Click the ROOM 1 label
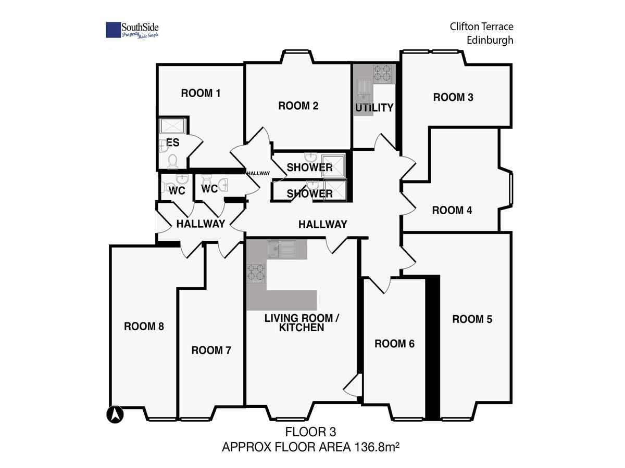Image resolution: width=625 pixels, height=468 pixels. tap(201, 93)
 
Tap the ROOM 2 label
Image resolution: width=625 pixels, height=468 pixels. tap(298, 106)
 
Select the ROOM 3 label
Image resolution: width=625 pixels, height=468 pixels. tap(453, 97)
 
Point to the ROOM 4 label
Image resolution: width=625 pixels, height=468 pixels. tap(452, 210)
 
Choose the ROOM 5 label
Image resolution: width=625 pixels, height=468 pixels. tap(472, 319)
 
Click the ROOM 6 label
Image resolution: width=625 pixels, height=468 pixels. tap(394, 344)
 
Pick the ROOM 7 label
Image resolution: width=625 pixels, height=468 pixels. tap(211, 350)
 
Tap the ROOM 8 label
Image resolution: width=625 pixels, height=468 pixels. tap(144, 326)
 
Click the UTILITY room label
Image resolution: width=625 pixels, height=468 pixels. tap(374, 108)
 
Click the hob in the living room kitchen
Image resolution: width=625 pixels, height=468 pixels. tap(256, 273)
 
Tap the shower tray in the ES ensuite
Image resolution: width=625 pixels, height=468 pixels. tap(172, 126)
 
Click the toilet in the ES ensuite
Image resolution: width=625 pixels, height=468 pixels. tap(172, 162)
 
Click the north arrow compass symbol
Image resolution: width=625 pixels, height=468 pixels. tap(115, 414)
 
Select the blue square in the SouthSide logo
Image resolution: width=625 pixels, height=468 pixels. tap(113, 30)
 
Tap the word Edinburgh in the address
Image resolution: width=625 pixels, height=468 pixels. tap(490, 41)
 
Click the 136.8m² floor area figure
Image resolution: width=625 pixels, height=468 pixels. tap(377, 447)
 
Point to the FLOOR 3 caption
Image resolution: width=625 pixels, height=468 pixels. tap(310, 432)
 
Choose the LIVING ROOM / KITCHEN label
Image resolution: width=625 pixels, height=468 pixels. tap(302, 323)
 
